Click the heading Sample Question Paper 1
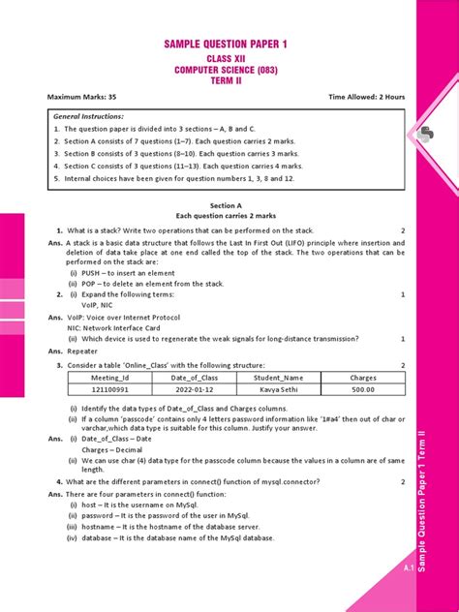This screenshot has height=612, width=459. pyautogui.click(x=225, y=45)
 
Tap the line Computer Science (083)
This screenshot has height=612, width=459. pyautogui.click(x=225, y=70)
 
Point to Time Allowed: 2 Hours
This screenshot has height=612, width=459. pyautogui.click(x=366, y=98)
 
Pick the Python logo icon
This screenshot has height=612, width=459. pyautogui.click(x=427, y=136)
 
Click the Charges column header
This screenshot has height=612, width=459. pyautogui.click(x=363, y=378)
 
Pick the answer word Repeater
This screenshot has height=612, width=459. pyautogui.click(x=84, y=352)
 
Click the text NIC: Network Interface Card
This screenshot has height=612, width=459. pyautogui.click(x=116, y=327)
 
